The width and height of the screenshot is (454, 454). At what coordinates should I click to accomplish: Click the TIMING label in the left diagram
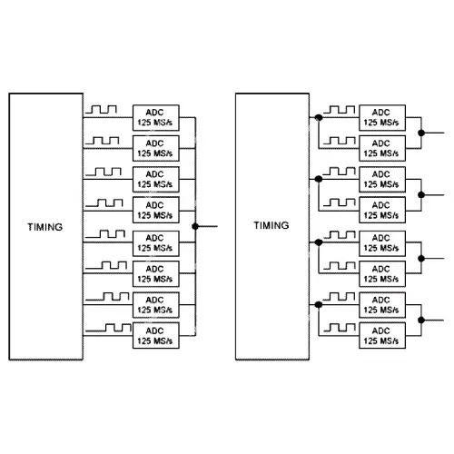(x=45, y=227)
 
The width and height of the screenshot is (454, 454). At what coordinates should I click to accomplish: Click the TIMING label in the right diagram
(x=271, y=225)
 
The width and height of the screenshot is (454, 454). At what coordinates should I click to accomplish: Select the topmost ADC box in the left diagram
(x=156, y=118)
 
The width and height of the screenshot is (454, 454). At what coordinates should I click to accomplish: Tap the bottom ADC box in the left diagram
(x=156, y=336)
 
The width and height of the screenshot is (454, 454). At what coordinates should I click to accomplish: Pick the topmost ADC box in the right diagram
(x=382, y=118)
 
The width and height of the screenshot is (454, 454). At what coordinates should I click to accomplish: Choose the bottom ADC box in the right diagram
(x=382, y=336)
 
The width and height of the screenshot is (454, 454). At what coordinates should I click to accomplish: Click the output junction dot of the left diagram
(x=195, y=226)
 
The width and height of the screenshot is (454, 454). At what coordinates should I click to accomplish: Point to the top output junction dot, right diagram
(x=421, y=133)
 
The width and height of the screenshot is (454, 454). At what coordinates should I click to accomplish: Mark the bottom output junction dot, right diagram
(x=421, y=320)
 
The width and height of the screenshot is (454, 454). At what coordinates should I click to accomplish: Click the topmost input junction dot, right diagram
(x=319, y=117)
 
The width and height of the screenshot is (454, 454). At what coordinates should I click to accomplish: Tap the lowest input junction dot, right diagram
(x=319, y=304)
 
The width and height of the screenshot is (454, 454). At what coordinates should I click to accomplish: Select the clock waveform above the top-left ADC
(x=101, y=109)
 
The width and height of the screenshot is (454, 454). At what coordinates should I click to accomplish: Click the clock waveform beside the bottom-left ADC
(x=108, y=328)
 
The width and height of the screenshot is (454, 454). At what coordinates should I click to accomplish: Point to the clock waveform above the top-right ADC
(x=340, y=110)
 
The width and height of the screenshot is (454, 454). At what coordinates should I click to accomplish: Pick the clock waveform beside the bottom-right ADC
(x=340, y=328)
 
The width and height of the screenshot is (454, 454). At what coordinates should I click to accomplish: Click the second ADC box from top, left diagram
(x=156, y=148)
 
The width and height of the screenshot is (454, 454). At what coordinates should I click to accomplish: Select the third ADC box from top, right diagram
(x=382, y=179)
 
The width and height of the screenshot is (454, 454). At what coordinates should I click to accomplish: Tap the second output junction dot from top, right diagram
(x=421, y=195)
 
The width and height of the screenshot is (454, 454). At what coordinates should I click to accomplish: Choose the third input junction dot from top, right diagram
(x=319, y=242)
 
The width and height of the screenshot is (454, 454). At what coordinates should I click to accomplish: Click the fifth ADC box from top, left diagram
(x=156, y=243)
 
